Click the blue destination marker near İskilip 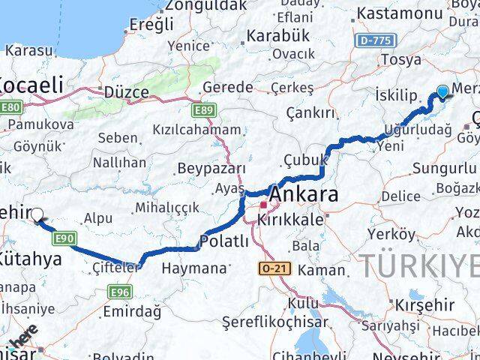point(442,91)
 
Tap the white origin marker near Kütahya point(37,215)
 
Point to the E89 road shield point(201,111)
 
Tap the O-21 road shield point(271,268)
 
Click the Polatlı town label point(223,241)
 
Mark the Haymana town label point(193,268)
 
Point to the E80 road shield point(10,107)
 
